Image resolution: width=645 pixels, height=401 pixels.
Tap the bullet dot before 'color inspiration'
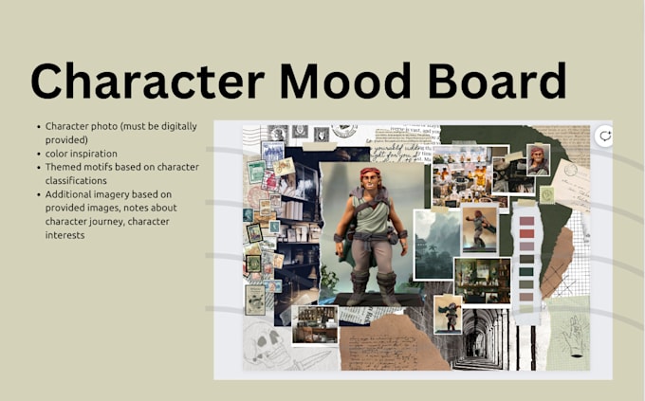(37, 153)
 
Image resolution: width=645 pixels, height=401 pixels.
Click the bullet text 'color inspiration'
(82, 153)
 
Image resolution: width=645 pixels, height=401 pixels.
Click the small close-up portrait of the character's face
(539, 158)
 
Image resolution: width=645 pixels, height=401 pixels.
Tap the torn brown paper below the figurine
(384, 340)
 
